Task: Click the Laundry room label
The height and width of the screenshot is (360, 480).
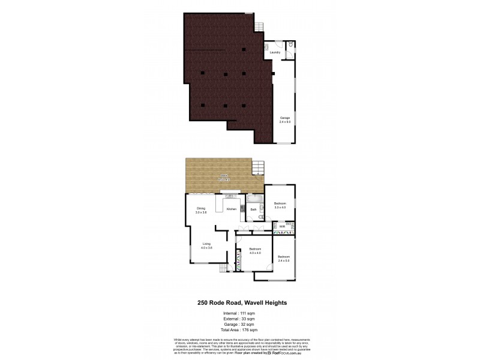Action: point(275,53)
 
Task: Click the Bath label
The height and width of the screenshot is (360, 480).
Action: point(254,209)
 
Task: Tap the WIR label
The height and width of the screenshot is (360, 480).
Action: point(281,226)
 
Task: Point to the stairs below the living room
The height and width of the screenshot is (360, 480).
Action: point(223,268)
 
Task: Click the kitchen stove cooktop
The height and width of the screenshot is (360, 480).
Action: point(243,209)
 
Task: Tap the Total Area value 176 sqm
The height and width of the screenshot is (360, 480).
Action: point(248,330)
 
